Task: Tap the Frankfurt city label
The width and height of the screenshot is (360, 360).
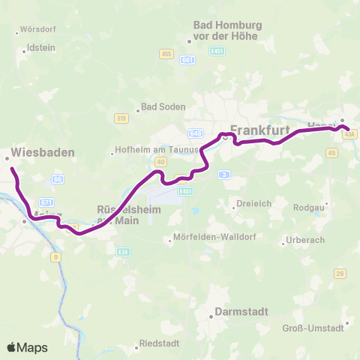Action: coord(261,129)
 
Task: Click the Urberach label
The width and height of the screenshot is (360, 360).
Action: coord(307,242)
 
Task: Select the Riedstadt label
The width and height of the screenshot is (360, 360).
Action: coord(160,346)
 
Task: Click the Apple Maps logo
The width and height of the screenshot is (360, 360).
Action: coord(27,347)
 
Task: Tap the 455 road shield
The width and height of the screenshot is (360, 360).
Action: coord(166,53)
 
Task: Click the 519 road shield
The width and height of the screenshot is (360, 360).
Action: coord(121,118)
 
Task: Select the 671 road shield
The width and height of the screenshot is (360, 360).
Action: coord(46,202)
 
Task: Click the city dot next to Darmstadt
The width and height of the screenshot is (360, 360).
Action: coord(212,317)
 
